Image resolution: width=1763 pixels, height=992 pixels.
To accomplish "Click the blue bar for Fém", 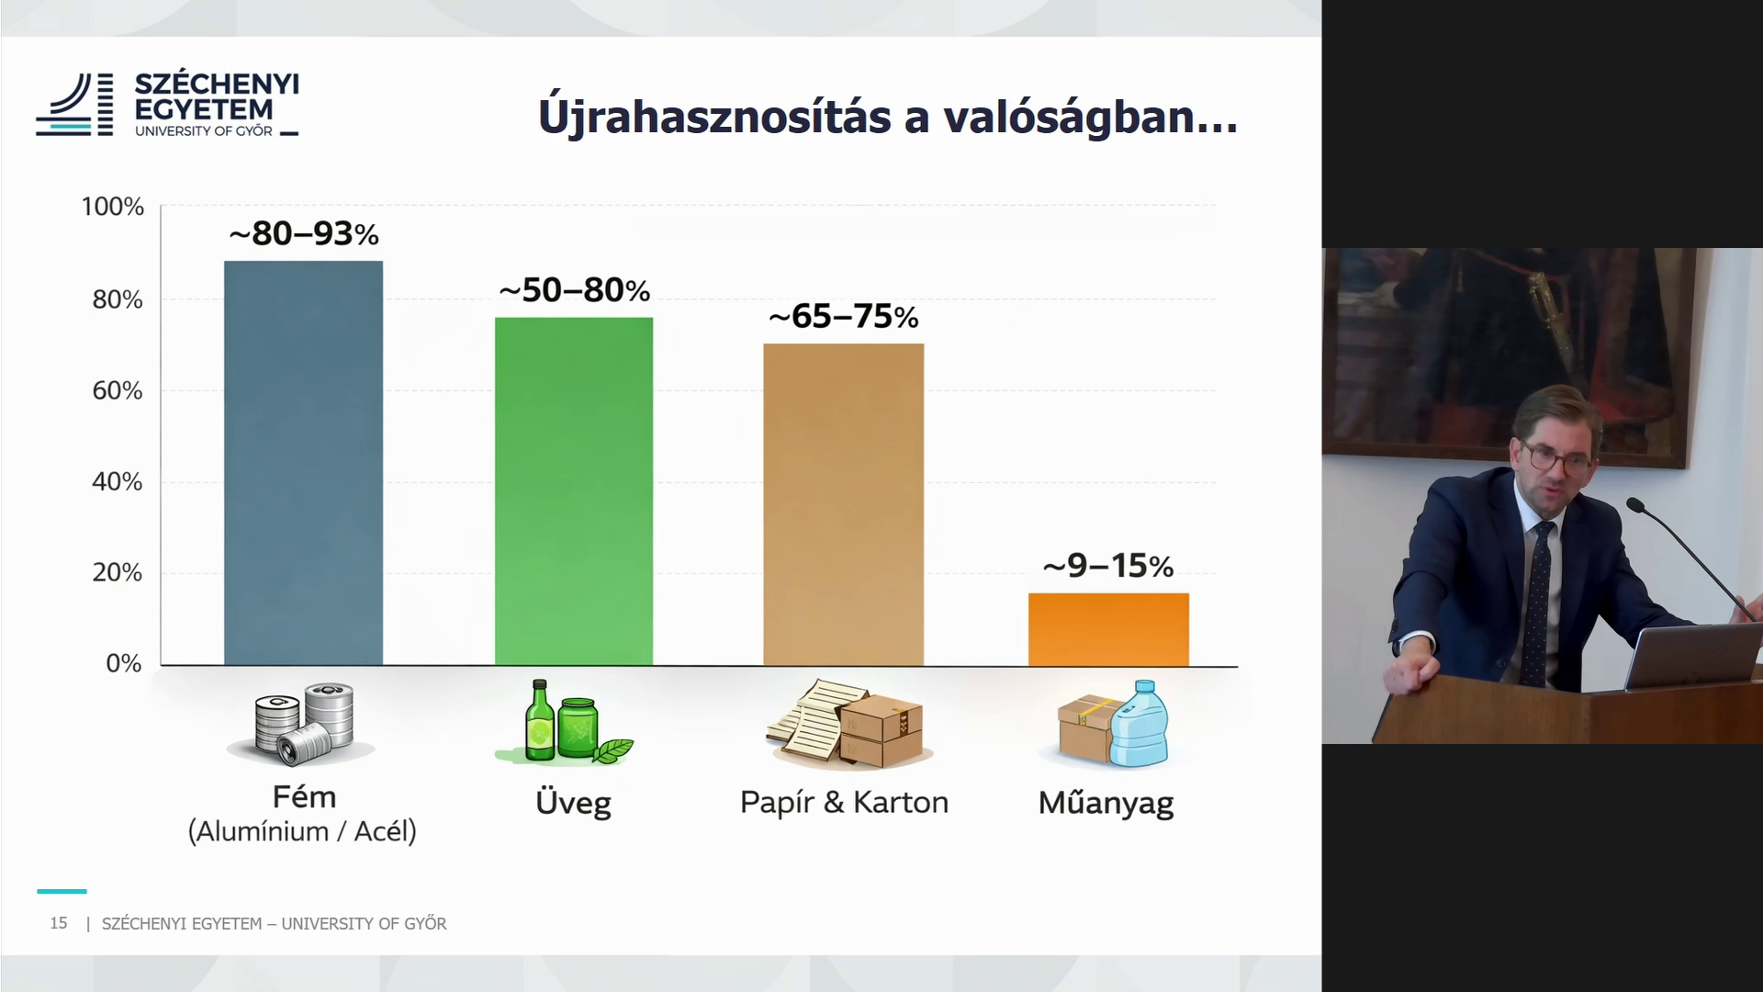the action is (x=304, y=463).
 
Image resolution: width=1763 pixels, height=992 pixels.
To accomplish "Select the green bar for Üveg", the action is (x=574, y=491).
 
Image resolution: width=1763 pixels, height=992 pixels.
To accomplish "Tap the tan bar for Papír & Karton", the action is (x=844, y=504).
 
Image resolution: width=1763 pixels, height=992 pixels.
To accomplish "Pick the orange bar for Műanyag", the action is (x=1108, y=629).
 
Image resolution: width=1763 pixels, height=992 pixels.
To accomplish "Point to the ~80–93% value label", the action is (x=304, y=234).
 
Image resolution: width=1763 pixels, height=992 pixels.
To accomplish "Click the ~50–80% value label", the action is (x=575, y=290).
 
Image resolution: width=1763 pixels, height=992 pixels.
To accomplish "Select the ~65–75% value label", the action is (x=844, y=317).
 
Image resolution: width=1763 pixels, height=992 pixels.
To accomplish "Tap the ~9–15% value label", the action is (x=1108, y=566).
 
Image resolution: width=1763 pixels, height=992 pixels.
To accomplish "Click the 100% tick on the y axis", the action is (x=113, y=207).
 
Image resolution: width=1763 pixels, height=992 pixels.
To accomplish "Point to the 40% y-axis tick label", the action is (x=118, y=481).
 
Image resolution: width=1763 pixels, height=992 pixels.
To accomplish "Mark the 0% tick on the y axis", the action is (x=124, y=663).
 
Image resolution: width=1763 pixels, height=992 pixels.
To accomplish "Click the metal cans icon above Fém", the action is (x=303, y=724).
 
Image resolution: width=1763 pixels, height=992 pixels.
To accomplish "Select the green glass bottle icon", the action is (x=537, y=720).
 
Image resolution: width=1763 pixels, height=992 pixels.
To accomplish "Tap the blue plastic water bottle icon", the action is (x=1140, y=724).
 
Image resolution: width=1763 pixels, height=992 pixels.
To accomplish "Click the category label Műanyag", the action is (x=1106, y=804).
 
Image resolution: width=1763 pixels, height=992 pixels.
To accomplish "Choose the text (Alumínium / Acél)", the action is (x=302, y=832).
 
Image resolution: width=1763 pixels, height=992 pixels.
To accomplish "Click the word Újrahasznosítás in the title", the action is (x=714, y=118).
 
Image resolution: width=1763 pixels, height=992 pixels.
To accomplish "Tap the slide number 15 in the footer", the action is (x=59, y=923).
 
